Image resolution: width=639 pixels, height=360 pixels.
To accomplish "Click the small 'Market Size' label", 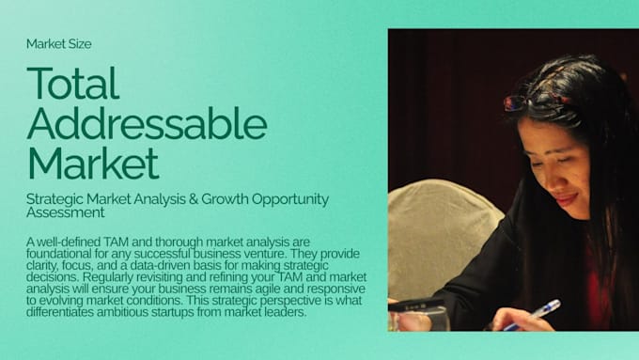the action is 58,44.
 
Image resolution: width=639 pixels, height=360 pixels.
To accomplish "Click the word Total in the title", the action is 73,83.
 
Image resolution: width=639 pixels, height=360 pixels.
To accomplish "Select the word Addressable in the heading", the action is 148,123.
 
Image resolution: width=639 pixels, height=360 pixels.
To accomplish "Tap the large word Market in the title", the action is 93,163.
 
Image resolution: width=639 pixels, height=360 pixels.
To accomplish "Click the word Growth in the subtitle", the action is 225,199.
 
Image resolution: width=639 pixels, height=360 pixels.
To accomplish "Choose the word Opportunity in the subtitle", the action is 290,200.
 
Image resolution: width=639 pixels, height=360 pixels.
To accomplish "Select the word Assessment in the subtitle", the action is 66,212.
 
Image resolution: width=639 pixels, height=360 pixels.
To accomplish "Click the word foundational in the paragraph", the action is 58,254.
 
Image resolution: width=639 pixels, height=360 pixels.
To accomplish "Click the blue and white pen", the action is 533,314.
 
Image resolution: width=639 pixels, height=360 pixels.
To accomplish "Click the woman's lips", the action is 567,199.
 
